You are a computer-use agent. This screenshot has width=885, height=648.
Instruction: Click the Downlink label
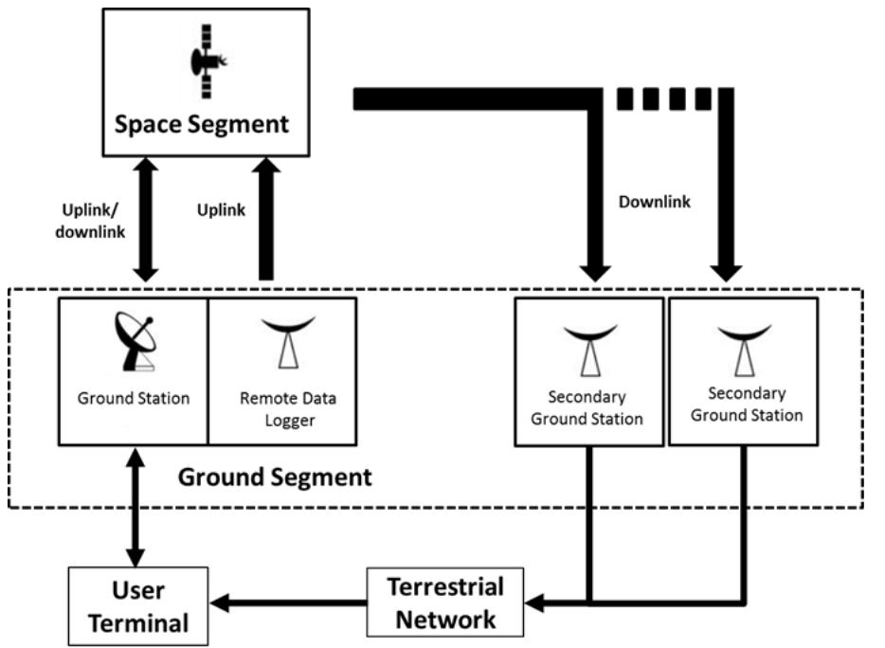[x=653, y=202]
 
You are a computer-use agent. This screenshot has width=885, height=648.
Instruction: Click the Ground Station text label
[x=133, y=398]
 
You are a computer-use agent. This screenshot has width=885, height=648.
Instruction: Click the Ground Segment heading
[x=275, y=477]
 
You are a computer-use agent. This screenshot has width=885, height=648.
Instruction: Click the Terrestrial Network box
[x=444, y=603]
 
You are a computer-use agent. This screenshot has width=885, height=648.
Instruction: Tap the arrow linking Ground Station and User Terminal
[x=133, y=506]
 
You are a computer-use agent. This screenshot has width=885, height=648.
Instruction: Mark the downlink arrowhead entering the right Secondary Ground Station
[x=728, y=268]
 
